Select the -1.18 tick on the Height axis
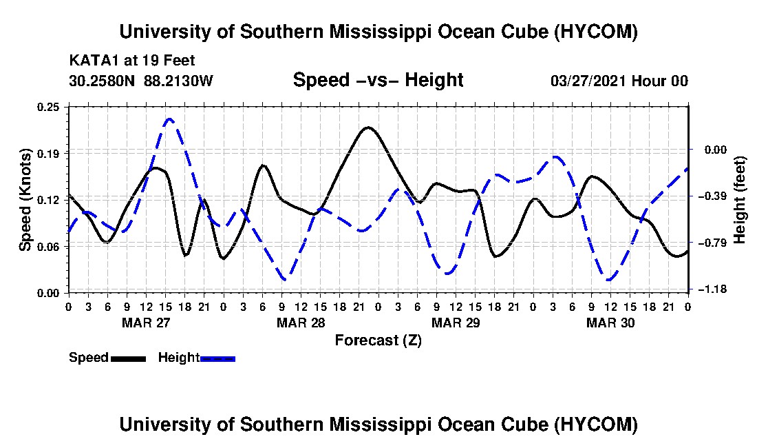click(x=715, y=289)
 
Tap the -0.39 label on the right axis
click(x=715, y=196)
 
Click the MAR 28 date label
click(x=301, y=323)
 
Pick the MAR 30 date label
click(x=610, y=323)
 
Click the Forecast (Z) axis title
click(x=378, y=340)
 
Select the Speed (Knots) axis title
click(x=25, y=200)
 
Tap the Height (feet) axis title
click(x=739, y=200)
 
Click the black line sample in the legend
click(x=128, y=358)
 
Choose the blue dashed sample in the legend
click(x=217, y=358)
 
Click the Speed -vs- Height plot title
click(x=378, y=80)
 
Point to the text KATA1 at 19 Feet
click(x=132, y=61)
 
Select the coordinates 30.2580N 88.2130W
click(x=141, y=81)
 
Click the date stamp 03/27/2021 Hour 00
click(x=619, y=81)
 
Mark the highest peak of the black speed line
click(x=368, y=128)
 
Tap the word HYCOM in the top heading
click(x=596, y=32)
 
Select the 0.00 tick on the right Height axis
click(x=716, y=150)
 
